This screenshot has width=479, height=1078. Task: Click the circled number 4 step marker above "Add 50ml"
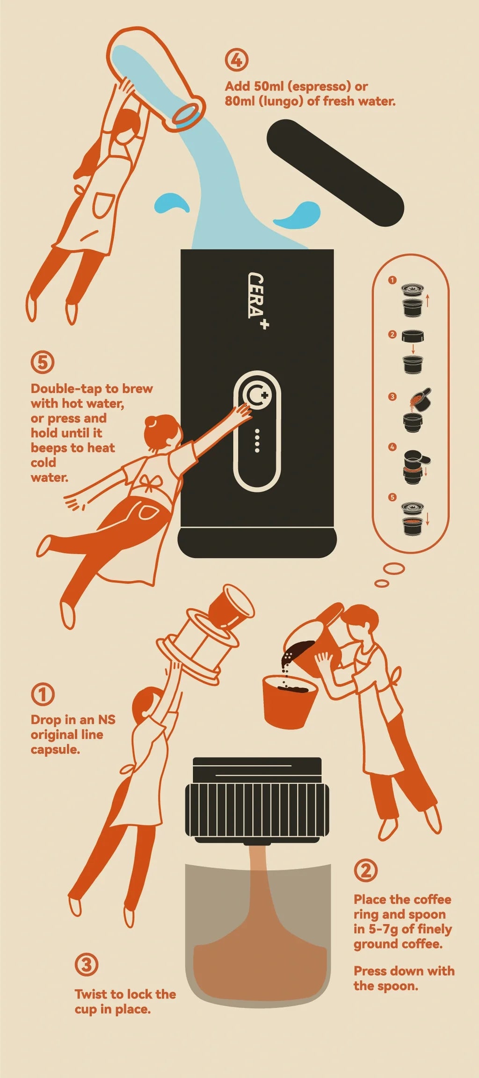pos(237,60)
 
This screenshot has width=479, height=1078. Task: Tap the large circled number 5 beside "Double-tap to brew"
pos(43,362)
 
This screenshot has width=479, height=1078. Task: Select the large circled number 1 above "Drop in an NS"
pos(43,694)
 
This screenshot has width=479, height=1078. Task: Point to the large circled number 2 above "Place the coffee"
pos(366,870)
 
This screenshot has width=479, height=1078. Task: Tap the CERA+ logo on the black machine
pos(257,300)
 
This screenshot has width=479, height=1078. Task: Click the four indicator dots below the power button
pos(257,440)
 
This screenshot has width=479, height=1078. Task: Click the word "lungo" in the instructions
pos(281,101)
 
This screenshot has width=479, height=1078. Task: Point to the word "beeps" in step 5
pos(49,448)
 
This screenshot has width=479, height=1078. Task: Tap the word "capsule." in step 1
pos(55,750)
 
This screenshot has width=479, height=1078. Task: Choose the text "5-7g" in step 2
pos(383,929)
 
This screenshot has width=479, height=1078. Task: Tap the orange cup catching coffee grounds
pos(290,700)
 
